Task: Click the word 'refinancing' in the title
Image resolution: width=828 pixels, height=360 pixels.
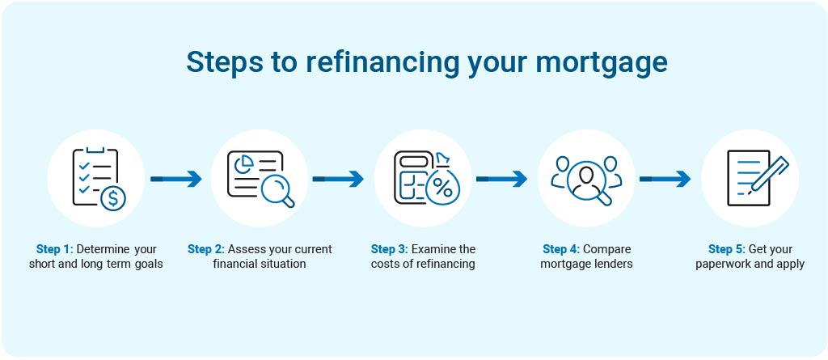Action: click(381, 62)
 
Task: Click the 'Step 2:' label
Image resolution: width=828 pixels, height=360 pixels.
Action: click(206, 249)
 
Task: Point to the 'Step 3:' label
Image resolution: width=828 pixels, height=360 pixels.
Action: click(389, 249)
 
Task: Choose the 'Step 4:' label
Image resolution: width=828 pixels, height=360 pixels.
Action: click(561, 249)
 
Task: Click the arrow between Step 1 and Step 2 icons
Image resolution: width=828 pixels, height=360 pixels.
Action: click(175, 179)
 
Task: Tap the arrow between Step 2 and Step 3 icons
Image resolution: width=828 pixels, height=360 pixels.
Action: click(338, 179)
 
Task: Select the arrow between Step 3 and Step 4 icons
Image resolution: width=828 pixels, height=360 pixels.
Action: click(501, 179)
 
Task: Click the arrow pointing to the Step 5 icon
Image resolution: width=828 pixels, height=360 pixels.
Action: click(665, 179)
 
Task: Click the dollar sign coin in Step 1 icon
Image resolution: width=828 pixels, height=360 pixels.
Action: click(113, 198)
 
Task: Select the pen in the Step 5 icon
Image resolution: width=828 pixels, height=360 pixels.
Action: click(770, 174)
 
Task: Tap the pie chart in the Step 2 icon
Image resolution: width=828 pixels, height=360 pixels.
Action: click(242, 163)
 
